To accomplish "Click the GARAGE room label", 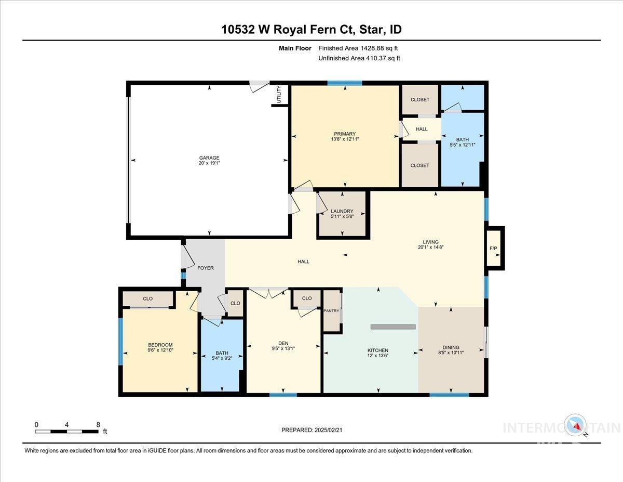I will pos(209,158).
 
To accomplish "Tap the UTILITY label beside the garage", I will pos(279,95).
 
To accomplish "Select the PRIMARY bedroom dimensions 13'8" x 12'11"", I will pos(345,139).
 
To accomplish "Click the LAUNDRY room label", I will pos(342,211).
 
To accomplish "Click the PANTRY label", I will pos(331,311).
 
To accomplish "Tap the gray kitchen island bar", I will pos(393,327).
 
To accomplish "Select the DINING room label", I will pos(451,348).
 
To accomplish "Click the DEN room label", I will pos(283,343).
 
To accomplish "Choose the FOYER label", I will pos(206,268).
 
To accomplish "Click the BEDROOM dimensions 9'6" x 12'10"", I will pos(160,350).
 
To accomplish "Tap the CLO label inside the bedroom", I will pos(147,299).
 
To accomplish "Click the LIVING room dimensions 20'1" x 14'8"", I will pos(430,247).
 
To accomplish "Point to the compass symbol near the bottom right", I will pos(576,425).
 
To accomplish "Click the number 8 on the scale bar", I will pos(98,424).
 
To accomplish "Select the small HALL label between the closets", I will pos(422,129).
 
